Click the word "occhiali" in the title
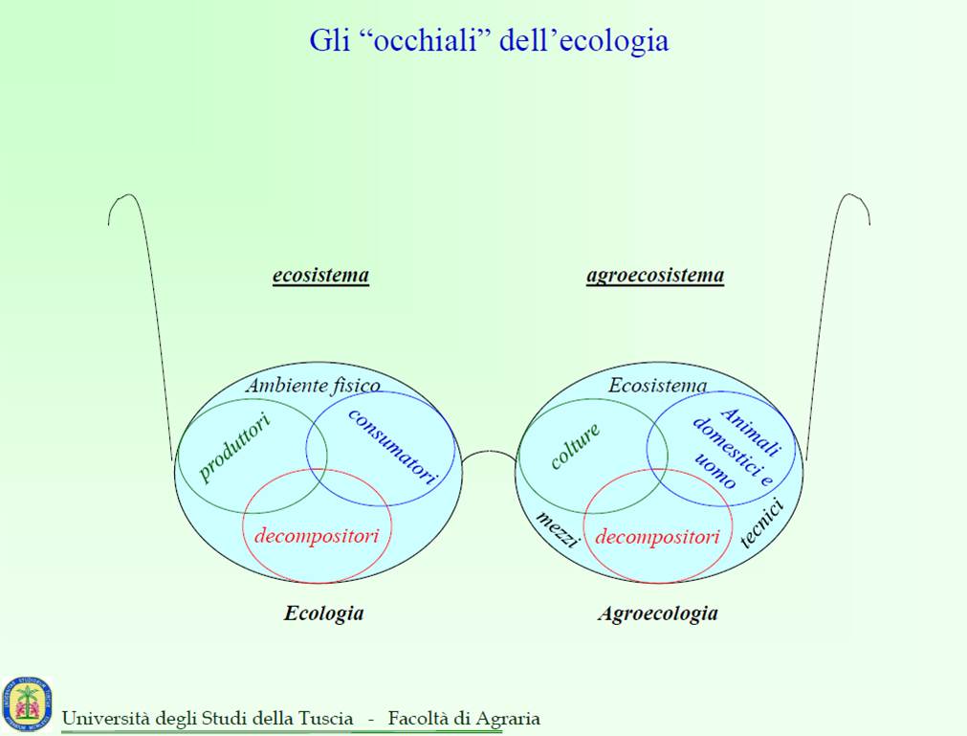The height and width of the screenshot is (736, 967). click(x=428, y=41)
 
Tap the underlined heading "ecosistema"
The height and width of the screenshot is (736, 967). click(x=320, y=275)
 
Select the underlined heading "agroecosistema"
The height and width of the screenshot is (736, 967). click(x=655, y=275)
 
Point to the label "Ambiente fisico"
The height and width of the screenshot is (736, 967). click(x=314, y=386)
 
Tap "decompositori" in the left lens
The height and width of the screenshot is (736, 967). click(x=317, y=536)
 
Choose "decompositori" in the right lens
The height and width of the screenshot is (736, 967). click(x=657, y=537)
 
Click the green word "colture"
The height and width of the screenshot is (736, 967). click(x=575, y=445)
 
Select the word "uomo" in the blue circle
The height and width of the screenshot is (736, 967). click(x=715, y=471)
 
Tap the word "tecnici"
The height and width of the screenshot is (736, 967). click(x=762, y=524)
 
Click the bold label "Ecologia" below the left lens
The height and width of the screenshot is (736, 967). click(x=324, y=613)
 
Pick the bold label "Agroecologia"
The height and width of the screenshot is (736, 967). click(x=658, y=613)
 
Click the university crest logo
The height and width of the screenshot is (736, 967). click(x=27, y=703)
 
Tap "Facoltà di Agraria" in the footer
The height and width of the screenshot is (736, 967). click(x=464, y=718)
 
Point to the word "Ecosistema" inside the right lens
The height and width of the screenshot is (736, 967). click(x=657, y=386)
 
